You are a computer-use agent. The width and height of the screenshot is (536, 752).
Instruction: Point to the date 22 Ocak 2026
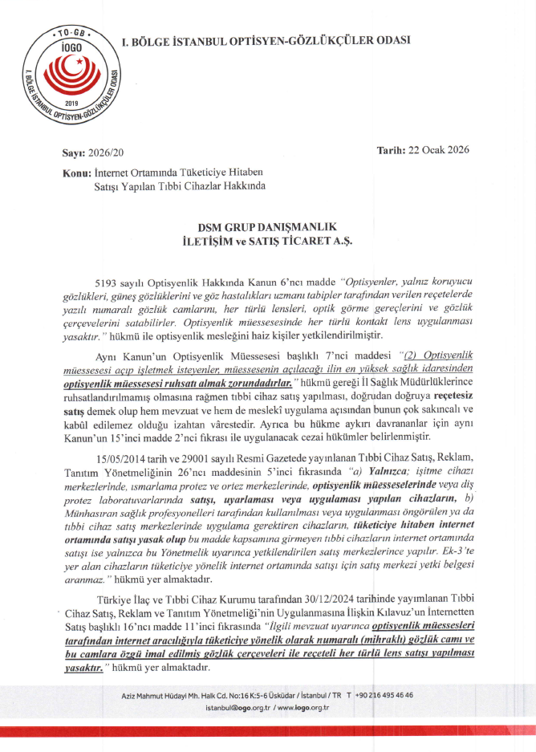click(x=440, y=150)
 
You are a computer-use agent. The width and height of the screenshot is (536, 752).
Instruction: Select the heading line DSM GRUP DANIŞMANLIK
click(x=267, y=227)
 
